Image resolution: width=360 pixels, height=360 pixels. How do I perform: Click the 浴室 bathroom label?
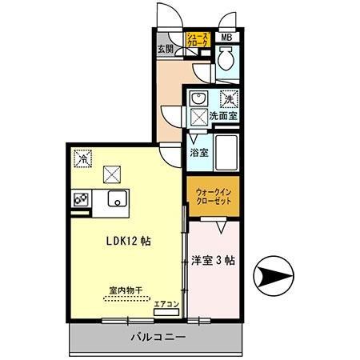click(x=199, y=152)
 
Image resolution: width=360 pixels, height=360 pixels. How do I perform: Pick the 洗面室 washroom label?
click(x=223, y=116)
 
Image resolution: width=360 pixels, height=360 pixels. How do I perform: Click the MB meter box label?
click(x=226, y=38)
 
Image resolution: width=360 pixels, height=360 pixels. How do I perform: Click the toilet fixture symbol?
click(x=226, y=58)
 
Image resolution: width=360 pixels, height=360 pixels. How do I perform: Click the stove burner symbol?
click(x=81, y=200)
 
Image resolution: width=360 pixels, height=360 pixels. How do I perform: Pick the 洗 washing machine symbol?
click(x=228, y=100)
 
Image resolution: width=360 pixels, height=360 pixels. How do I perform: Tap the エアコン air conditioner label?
click(x=166, y=303)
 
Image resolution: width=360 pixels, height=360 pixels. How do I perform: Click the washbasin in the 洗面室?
click(x=198, y=99)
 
